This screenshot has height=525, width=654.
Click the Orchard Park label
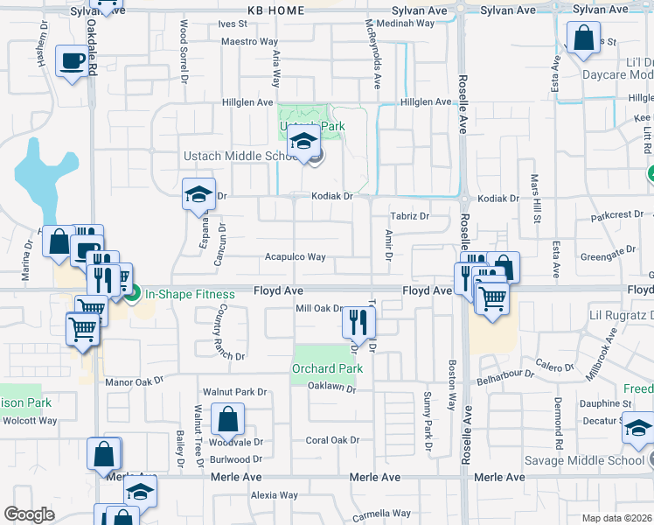tap(327, 368)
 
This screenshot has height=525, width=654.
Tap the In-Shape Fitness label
tap(190, 294)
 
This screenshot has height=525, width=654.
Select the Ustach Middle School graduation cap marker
tap(303, 142)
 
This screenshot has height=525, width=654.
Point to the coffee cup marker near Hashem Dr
tap(73, 62)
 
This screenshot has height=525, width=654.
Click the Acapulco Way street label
tap(296, 257)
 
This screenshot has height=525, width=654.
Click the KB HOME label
tap(275, 10)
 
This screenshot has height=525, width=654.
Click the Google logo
tap(29, 514)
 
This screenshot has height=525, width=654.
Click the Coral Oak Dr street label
tap(332, 440)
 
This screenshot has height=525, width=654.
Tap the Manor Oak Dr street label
tap(134, 381)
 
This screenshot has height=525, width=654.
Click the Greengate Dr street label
tap(612, 251)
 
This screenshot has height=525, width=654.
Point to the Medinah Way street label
tap(408, 24)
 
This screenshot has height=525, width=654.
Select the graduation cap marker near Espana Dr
tap(198, 194)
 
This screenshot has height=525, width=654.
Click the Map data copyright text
tap(617, 518)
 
